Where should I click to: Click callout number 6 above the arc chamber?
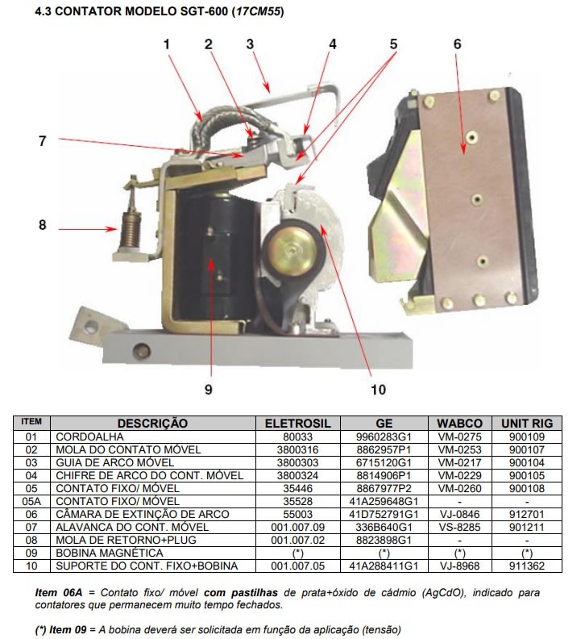click(x=458, y=44)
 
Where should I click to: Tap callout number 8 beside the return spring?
click(x=43, y=225)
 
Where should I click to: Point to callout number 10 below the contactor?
click(x=379, y=390)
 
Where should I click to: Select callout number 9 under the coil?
click(x=208, y=390)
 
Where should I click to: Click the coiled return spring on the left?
click(x=127, y=228)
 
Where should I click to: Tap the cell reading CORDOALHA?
click(x=86, y=436)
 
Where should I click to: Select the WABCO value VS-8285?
click(x=459, y=527)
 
